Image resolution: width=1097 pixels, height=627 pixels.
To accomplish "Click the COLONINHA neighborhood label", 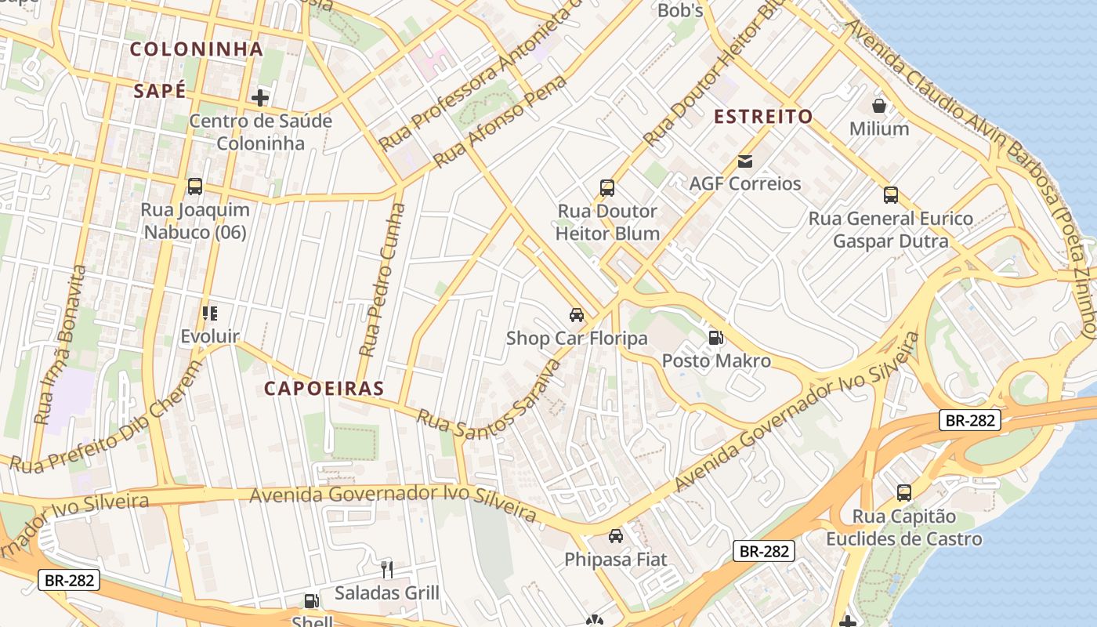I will [196, 49].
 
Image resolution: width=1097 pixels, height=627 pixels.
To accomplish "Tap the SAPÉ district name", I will [160, 91].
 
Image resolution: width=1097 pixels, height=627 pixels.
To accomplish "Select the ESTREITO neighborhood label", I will [763, 117].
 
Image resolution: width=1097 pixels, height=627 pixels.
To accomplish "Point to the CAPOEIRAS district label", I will [324, 388].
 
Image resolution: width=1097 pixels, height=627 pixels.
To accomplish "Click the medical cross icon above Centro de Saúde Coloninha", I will [259, 98].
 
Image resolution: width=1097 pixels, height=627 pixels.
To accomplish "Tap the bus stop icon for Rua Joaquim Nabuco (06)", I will [195, 187].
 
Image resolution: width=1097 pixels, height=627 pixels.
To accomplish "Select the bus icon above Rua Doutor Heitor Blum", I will [607, 187].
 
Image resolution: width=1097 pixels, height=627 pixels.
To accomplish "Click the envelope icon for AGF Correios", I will [744, 161].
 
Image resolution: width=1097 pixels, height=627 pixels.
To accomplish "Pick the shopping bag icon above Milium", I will [879, 105].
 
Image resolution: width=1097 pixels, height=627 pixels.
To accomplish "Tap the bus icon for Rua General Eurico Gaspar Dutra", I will [891, 195].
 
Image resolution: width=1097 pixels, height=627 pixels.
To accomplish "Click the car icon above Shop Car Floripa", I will [577, 315].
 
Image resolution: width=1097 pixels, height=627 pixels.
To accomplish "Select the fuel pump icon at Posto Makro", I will [715, 338].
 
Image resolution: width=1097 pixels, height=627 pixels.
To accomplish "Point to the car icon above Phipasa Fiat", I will [616, 536].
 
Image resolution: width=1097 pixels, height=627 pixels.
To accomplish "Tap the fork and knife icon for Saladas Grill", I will [386, 569].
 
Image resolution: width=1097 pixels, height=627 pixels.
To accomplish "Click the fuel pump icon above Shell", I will [311, 601].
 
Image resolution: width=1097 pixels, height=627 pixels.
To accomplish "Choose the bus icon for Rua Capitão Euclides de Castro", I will [904, 493].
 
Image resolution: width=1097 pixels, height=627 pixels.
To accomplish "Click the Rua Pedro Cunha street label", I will [383, 281].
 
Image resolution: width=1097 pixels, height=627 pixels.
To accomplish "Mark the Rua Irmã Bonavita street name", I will [62, 345].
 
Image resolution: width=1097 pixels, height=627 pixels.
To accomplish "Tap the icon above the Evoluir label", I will [209, 313].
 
